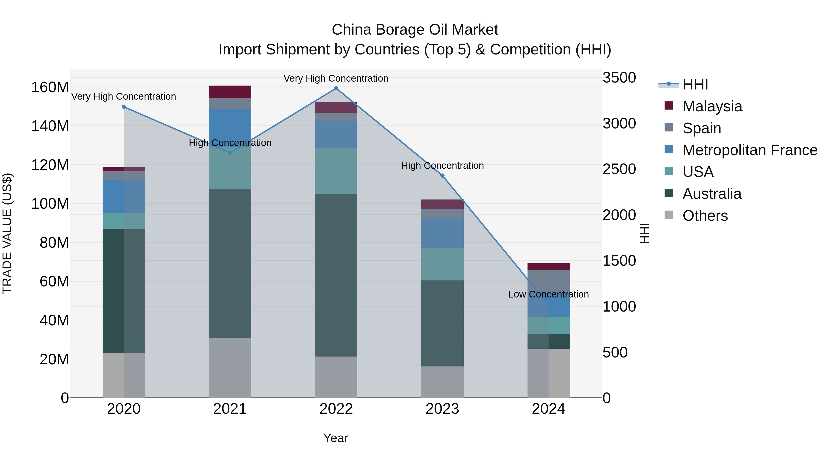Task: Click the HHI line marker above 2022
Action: [x=336, y=88]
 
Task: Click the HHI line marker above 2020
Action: [x=124, y=107]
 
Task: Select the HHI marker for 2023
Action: [x=442, y=176]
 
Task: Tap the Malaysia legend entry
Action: [x=712, y=106]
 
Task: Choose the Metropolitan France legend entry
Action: [x=750, y=150]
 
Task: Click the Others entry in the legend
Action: [x=705, y=216]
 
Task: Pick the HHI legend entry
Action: [x=695, y=84]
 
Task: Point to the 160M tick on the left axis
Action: [x=50, y=87]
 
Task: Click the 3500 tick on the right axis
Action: [x=619, y=78]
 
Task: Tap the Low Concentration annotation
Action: [x=548, y=294]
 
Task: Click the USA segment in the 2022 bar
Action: [x=336, y=171]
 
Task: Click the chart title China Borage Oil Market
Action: [x=415, y=30]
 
